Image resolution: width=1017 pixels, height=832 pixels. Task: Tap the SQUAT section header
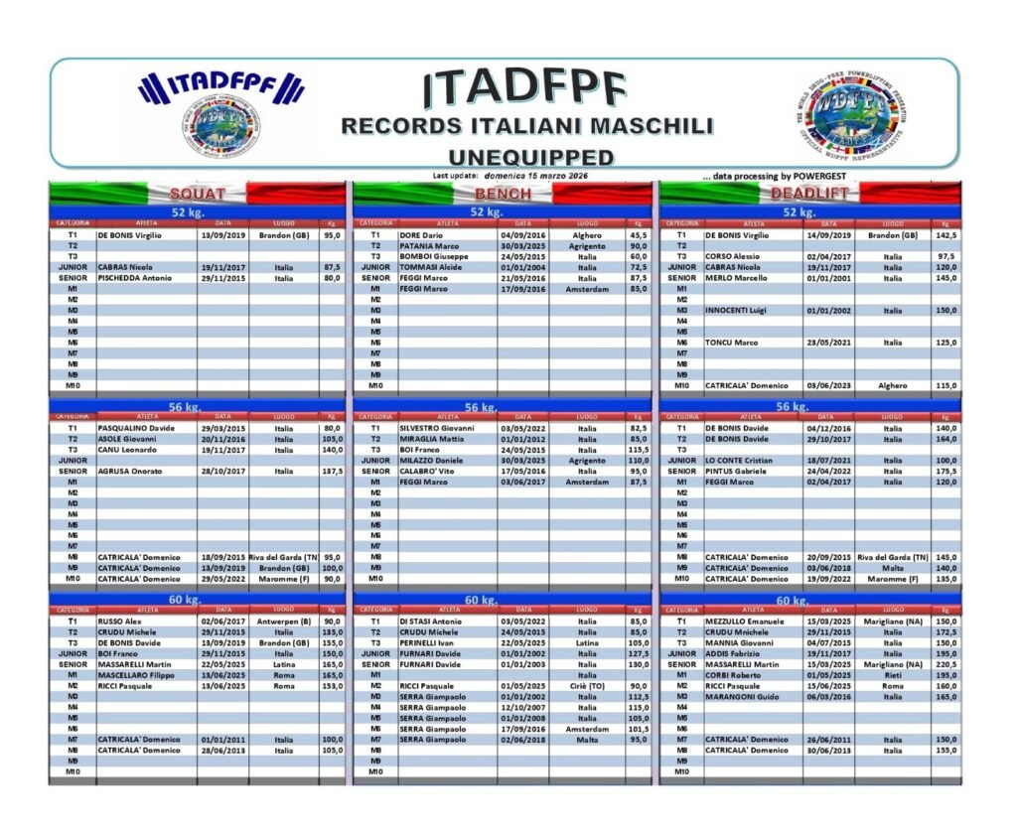tap(198, 194)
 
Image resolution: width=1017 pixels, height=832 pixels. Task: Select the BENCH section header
tap(503, 194)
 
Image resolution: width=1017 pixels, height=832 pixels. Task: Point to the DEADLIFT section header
tap(809, 194)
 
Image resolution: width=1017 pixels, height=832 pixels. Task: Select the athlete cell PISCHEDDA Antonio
tap(137, 278)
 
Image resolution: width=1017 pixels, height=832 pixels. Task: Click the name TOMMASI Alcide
tap(432, 267)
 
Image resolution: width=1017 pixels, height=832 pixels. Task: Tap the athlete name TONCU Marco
tap(732, 343)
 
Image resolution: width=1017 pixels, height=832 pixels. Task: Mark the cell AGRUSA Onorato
tap(134, 472)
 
